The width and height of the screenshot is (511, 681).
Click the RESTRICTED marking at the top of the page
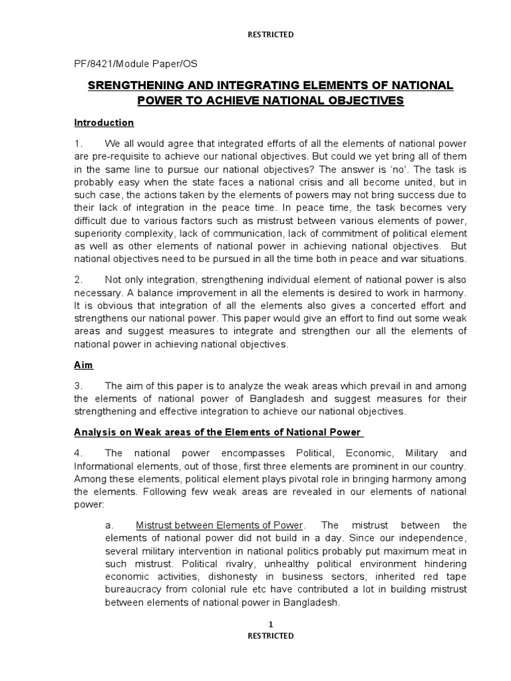[270, 35]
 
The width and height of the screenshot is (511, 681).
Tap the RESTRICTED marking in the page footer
[270, 636]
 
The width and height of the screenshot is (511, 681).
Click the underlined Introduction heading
[104, 123]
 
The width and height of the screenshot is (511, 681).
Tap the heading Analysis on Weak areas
[218, 432]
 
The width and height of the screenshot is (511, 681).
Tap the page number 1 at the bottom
[270, 624]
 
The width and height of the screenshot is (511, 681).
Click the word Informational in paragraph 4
[104, 466]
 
